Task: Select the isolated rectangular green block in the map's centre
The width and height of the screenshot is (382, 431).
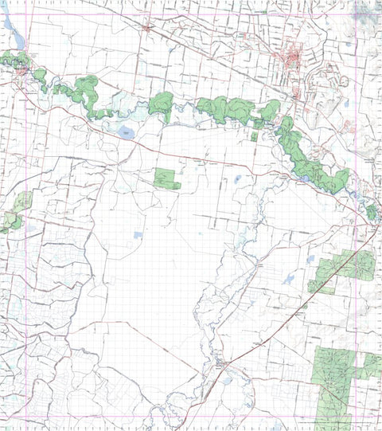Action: [x=166, y=178]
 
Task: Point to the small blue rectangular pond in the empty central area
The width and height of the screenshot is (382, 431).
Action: [x=138, y=235]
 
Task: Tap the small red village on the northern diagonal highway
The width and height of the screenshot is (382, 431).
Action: [x=147, y=29]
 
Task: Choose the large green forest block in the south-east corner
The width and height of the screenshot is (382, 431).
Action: [x=337, y=382]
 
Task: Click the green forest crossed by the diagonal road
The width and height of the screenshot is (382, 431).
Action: [x=345, y=268]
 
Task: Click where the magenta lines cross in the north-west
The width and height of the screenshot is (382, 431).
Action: [x=29, y=15]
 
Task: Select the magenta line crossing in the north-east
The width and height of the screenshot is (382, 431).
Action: [x=352, y=15]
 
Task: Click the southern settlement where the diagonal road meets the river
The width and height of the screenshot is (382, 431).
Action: [x=220, y=366]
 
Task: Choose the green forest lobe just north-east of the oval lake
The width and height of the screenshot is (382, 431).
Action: [x=161, y=104]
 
